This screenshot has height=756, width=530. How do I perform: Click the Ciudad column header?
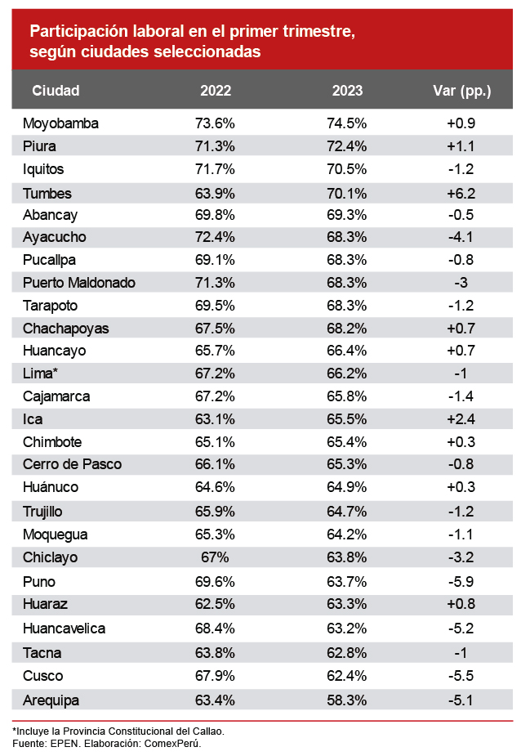(x=56, y=91)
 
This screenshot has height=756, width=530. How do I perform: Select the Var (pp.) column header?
(x=461, y=91)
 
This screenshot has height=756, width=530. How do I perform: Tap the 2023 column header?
(x=347, y=91)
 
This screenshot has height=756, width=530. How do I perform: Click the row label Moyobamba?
(x=61, y=123)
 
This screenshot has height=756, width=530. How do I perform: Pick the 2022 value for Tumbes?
(x=216, y=194)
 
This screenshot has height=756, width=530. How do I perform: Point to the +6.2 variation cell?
(x=461, y=194)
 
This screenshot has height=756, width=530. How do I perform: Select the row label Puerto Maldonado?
(x=79, y=283)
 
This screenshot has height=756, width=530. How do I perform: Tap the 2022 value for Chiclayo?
(x=216, y=558)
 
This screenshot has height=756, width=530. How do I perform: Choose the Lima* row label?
(x=41, y=374)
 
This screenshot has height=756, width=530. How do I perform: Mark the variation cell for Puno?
(x=461, y=583)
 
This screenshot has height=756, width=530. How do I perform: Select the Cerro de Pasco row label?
(x=73, y=463)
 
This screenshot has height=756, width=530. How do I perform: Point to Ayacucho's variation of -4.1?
(x=461, y=237)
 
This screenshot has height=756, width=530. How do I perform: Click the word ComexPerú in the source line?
(x=172, y=744)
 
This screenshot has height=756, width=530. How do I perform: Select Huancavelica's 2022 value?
(x=216, y=629)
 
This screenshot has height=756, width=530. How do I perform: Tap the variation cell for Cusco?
(x=461, y=676)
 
